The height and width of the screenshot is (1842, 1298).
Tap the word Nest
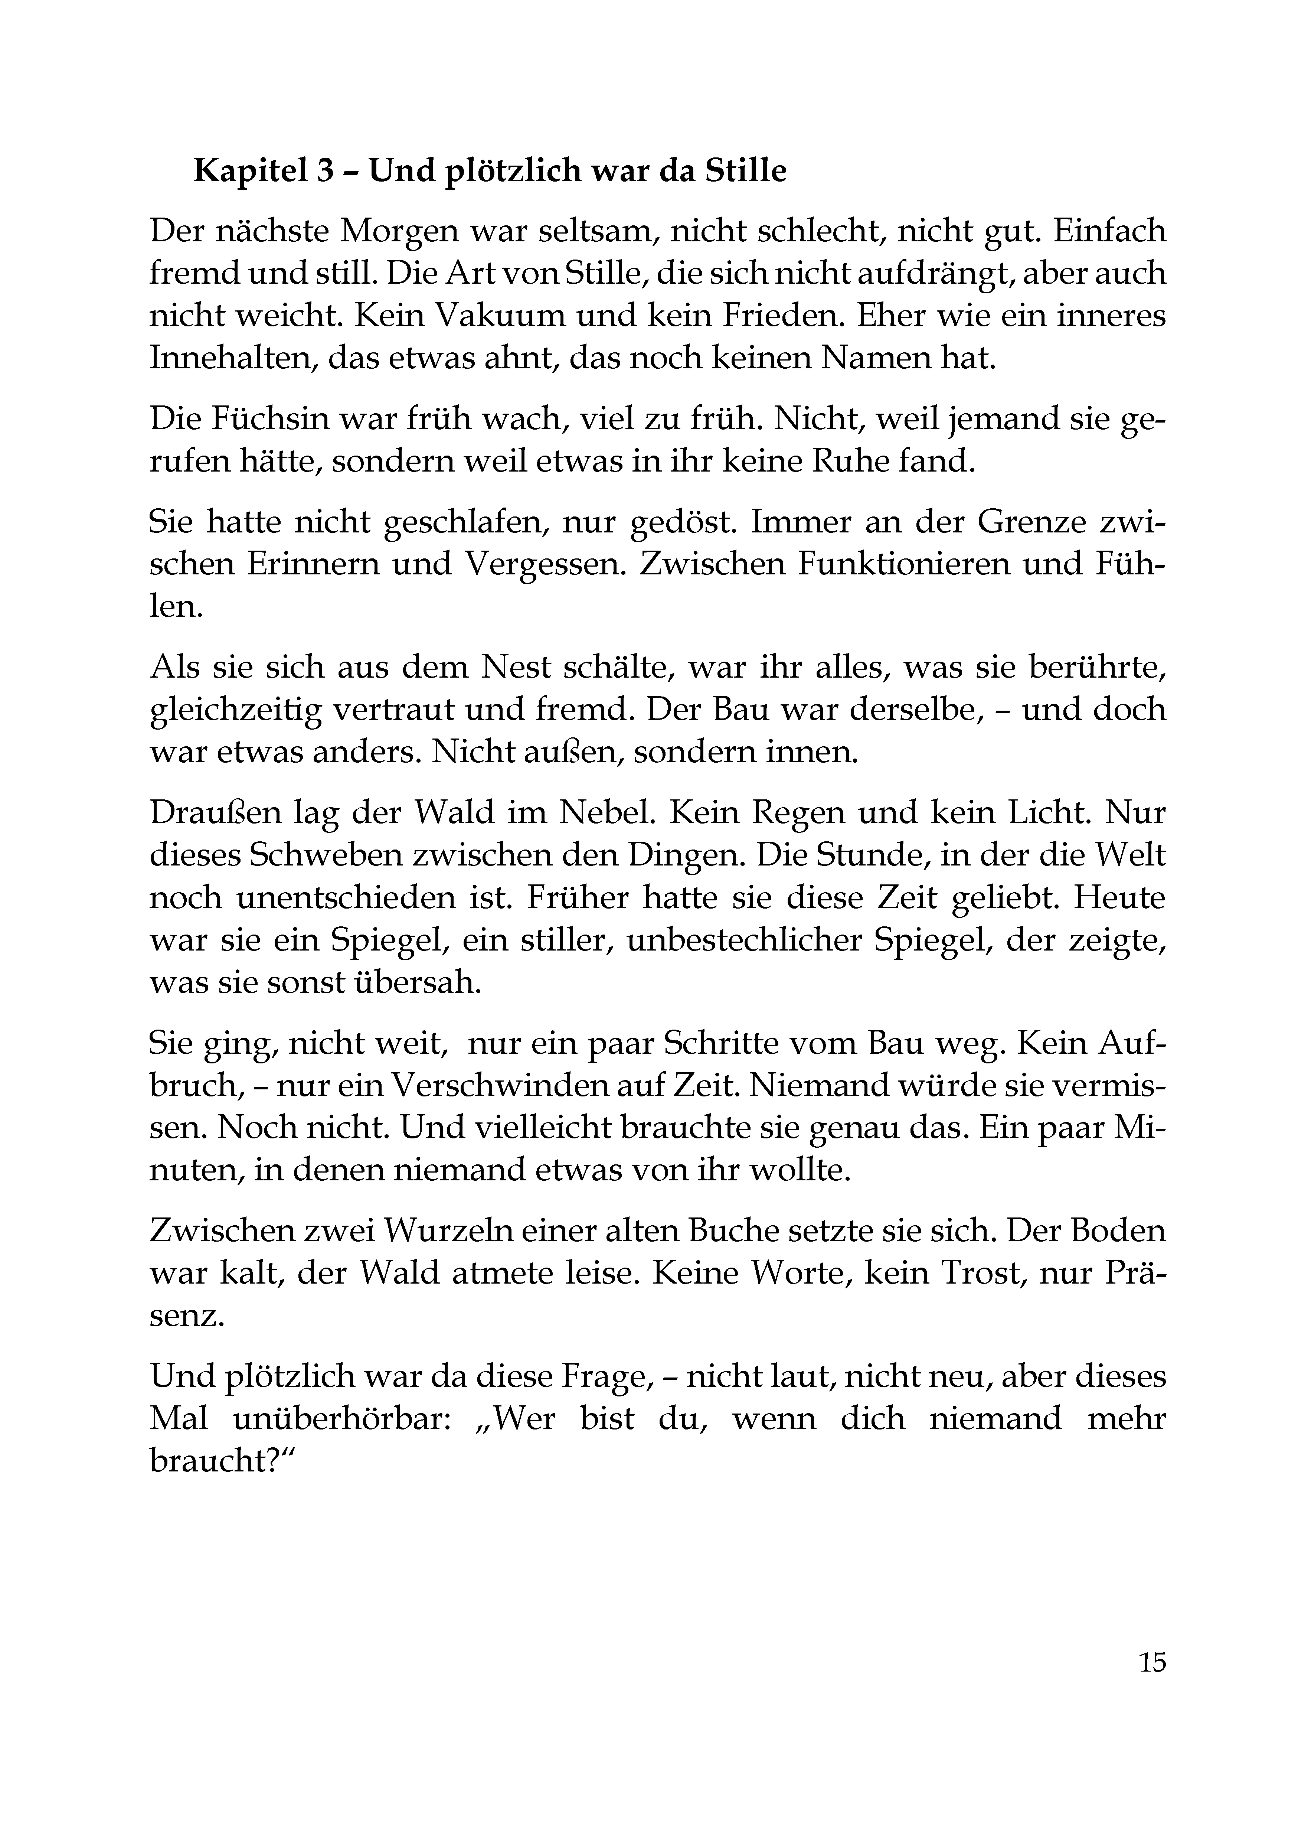pos(518,669)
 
